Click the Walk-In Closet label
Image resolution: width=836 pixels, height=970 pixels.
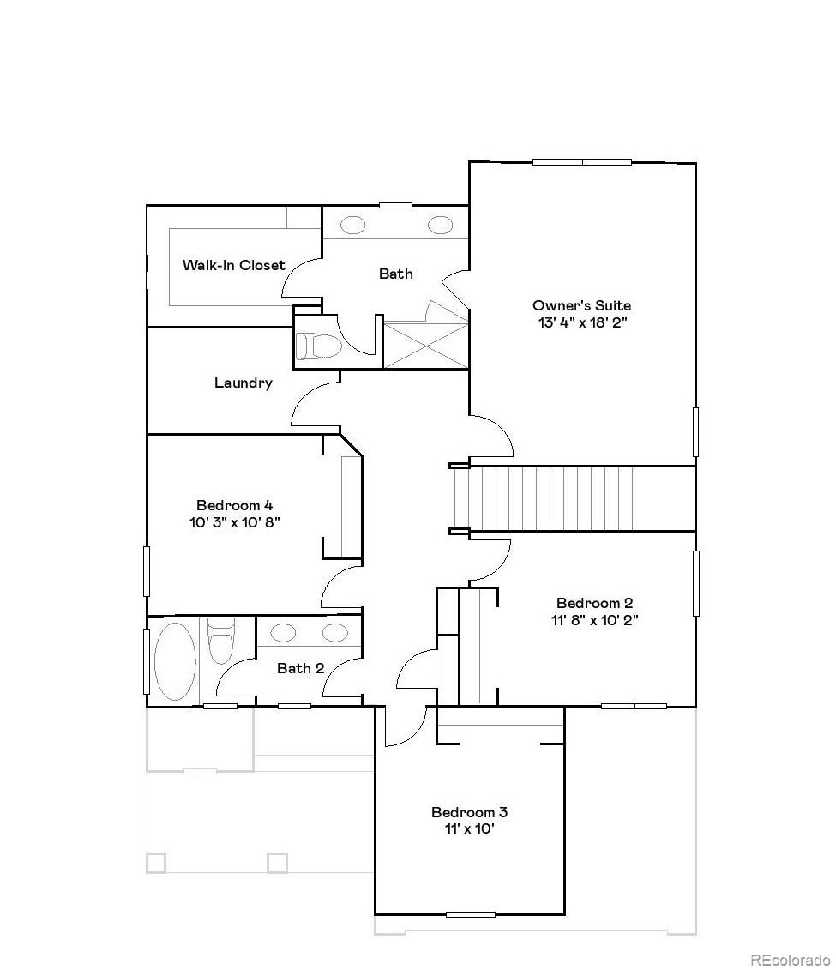(x=233, y=265)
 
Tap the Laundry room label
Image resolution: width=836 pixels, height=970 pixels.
(x=243, y=383)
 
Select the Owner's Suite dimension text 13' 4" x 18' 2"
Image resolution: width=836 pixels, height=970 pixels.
(x=581, y=322)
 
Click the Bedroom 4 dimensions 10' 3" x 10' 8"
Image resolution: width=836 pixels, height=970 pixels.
(x=235, y=521)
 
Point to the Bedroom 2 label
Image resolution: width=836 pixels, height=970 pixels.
(x=594, y=603)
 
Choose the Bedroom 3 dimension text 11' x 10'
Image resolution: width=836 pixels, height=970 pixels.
(x=463, y=828)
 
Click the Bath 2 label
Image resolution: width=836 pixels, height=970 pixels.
(x=300, y=668)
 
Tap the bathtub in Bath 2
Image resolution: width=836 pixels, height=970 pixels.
(x=176, y=659)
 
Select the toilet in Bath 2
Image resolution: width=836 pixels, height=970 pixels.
(x=221, y=642)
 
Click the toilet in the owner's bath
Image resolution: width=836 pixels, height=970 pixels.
(x=317, y=345)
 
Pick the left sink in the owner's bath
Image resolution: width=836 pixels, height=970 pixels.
(x=353, y=226)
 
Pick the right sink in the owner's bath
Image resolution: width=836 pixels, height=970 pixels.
(x=439, y=226)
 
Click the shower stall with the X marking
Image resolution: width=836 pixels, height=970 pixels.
(x=425, y=345)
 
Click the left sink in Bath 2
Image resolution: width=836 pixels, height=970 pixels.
(x=282, y=633)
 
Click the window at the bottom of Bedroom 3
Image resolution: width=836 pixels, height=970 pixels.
(x=470, y=914)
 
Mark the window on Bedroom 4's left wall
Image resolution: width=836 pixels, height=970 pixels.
(x=147, y=570)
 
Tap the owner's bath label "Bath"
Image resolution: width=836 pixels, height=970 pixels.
(x=395, y=274)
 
